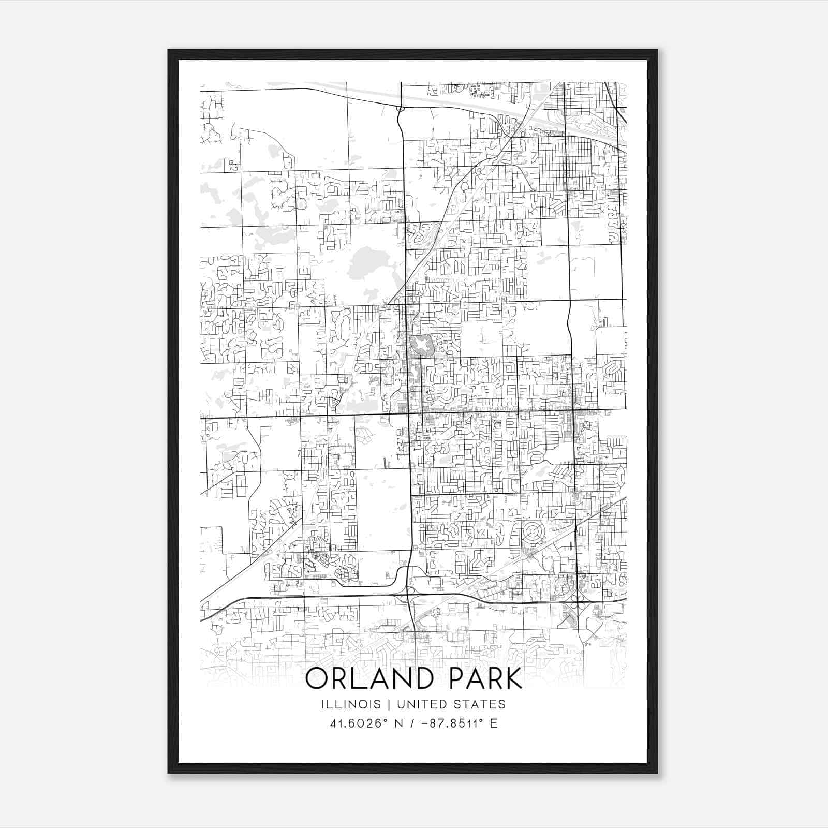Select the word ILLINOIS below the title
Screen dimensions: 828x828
(x=351, y=704)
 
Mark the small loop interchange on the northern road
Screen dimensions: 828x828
(x=400, y=109)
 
